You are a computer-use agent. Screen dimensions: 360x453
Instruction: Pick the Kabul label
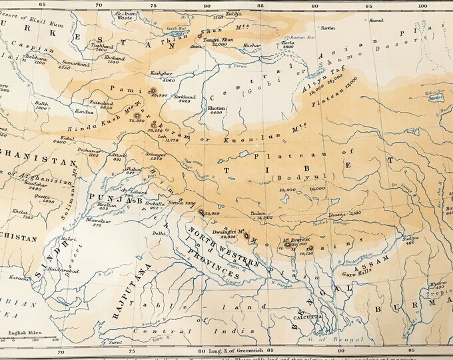tap(60, 137)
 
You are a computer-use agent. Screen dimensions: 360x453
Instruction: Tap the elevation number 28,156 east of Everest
tap(306, 254)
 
